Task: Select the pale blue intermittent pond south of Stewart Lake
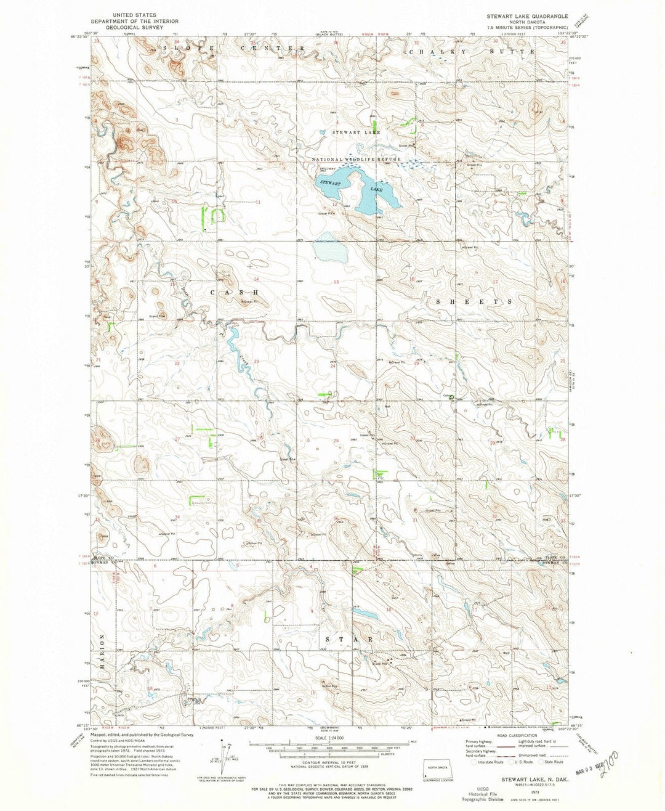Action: [325, 251]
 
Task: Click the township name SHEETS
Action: [474, 302]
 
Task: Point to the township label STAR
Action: [348, 640]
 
